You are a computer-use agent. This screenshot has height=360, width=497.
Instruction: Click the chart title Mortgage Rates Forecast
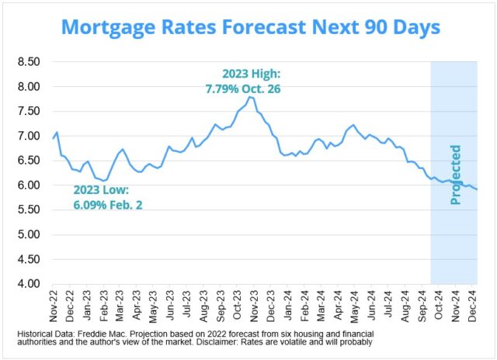pos(250,27)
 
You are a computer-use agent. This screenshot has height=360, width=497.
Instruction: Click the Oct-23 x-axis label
pos(238,305)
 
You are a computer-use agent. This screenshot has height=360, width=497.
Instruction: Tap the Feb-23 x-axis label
pos(103,305)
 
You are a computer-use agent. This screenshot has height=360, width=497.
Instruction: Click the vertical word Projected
pos(456,175)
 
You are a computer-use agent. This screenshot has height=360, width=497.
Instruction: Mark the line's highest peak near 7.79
pos(250,97)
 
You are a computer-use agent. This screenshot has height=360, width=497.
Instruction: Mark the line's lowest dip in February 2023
pos(104,181)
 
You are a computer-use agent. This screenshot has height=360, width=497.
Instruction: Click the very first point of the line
pos(53,139)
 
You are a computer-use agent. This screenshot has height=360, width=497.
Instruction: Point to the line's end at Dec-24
pos(477,189)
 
